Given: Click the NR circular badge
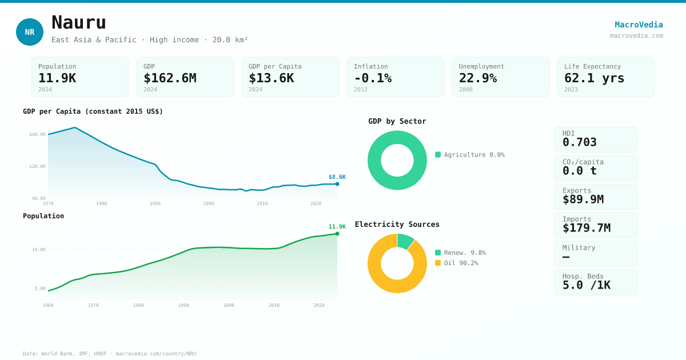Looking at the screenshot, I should (30, 32).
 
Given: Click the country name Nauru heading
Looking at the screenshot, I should (79, 22).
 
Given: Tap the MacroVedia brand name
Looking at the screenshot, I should (639, 25).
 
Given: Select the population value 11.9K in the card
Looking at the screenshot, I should (57, 78).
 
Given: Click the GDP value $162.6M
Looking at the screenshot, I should (170, 78).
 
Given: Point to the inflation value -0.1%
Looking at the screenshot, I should (373, 78).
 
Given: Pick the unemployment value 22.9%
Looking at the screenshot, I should (478, 78).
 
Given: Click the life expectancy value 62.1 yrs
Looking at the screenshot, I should (595, 78).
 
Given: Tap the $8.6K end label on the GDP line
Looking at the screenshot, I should (337, 177).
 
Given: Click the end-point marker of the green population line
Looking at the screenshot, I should (337, 234).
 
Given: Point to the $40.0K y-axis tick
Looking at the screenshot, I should (38, 134).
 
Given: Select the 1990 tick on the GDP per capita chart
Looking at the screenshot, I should (155, 203).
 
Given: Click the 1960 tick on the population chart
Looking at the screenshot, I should (48, 305).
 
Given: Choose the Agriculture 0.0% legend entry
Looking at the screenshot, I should (470, 155).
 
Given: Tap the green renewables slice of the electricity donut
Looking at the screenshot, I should (405, 241).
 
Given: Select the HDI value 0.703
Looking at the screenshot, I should (580, 142).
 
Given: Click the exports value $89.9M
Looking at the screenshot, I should (583, 199).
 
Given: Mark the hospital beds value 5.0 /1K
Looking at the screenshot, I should (587, 285).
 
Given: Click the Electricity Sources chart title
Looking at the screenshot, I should (397, 225).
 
